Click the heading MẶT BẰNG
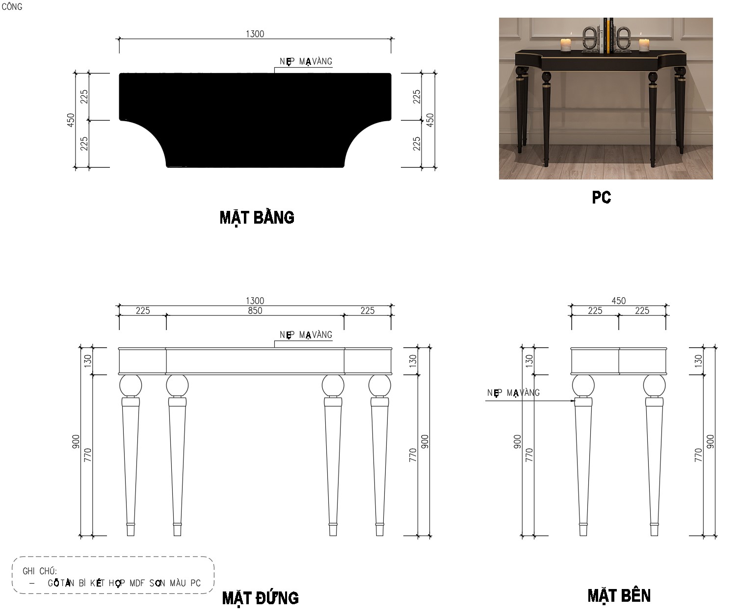click(x=257, y=218)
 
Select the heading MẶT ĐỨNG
click(x=261, y=598)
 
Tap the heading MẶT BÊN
click(x=619, y=595)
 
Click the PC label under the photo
click(x=602, y=198)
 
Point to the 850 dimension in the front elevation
click(x=255, y=311)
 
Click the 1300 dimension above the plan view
click(x=255, y=34)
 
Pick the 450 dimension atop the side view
click(x=619, y=301)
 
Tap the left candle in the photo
click(x=566, y=45)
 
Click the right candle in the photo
click(x=644, y=45)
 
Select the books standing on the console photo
click(x=608, y=36)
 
